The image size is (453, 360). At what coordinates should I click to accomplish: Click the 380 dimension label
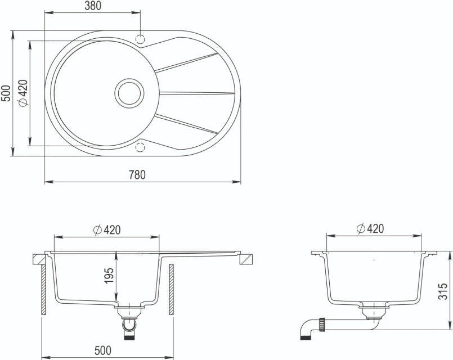tap(93, 6)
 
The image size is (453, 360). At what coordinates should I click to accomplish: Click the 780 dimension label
tap(137, 175)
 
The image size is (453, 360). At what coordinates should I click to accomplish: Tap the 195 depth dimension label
tap(109, 276)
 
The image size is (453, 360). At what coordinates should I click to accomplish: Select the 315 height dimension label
tap(443, 291)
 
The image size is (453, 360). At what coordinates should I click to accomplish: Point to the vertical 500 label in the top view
tap(6, 93)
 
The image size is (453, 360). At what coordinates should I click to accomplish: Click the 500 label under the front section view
tap(102, 350)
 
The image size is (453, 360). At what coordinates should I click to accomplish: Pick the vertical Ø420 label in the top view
tap(23, 93)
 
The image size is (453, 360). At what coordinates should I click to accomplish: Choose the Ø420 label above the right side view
tap(370, 228)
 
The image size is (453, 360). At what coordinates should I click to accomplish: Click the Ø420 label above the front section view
tap(107, 230)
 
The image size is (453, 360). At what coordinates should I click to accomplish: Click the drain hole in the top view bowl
tap(129, 93)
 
